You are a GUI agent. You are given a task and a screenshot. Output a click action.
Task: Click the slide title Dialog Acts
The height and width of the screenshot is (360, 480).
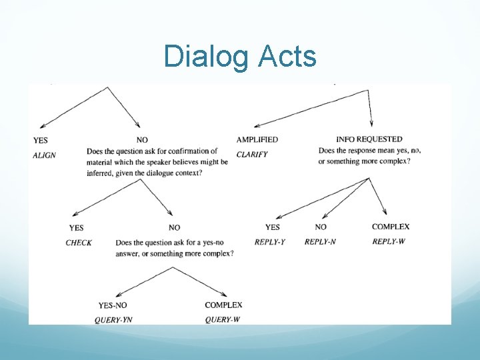[x=240, y=57]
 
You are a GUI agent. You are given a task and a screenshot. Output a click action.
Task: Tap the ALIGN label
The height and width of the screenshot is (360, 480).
[x=45, y=155]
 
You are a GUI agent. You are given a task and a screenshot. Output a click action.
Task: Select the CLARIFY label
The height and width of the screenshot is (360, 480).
[x=252, y=155]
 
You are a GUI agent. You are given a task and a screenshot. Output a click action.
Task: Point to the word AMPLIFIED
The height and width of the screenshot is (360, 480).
[x=257, y=139]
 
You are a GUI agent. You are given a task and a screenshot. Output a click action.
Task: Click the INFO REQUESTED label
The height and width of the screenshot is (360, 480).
[x=369, y=139]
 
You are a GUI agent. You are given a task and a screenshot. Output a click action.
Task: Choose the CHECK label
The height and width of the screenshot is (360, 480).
[x=79, y=243]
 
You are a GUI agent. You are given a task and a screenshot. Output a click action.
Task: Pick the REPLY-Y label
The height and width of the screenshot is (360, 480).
[x=269, y=242]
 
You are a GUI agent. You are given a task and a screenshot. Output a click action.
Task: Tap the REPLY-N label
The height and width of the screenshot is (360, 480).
[x=320, y=242]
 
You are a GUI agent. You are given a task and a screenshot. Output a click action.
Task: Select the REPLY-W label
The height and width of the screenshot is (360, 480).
[x=389, y=241]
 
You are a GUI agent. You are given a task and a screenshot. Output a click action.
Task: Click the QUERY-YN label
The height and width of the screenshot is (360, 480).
[x=113, y=320]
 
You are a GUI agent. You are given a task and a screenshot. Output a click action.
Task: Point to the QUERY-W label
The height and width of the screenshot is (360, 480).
[x=223, y=320]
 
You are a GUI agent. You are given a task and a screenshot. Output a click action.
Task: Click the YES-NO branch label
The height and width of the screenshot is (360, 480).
[x=113, y=305]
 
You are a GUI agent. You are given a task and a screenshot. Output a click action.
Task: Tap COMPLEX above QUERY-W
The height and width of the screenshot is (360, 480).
[x=223, y=305]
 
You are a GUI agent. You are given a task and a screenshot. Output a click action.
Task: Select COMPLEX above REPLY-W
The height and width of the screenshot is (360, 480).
[x=391, y=227]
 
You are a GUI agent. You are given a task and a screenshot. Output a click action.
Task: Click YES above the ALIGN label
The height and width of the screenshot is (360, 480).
[x=40, y=140]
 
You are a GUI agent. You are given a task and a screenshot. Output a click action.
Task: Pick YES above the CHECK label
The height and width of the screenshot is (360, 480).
[x=77, y=228]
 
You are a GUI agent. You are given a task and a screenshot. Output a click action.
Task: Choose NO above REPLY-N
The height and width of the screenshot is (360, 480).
[x=321, y=227]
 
